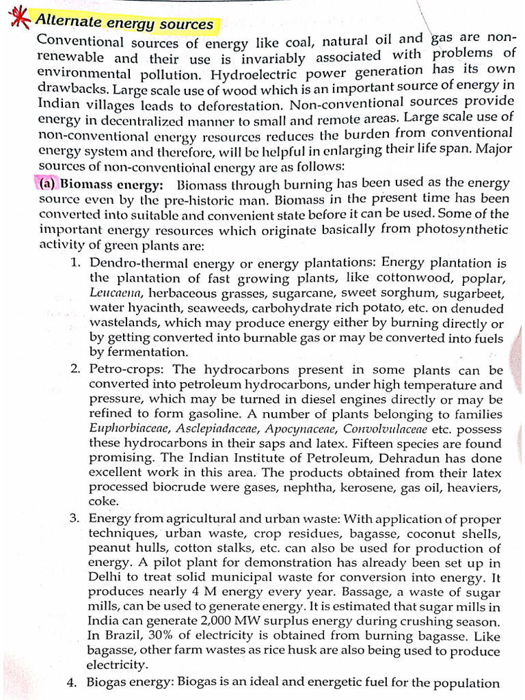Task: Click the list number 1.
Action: pos(75,263)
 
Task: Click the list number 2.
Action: pos(75,369)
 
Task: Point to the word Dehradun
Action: pos(410,459)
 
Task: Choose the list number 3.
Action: pos(75,519)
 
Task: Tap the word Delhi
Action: pos(103,578)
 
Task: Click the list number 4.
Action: pos(74,683)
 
